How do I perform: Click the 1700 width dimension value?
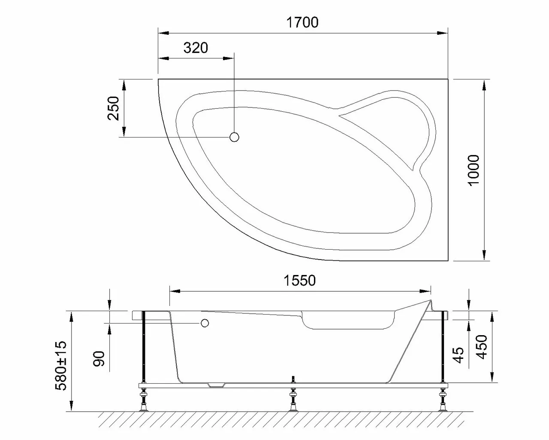coord(302,22)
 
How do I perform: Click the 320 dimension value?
coord(196,48)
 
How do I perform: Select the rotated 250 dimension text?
coord(114,108)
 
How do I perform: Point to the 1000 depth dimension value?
coord(474,170)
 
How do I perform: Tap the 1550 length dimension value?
coord(299,281)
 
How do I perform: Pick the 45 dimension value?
coord(459,355)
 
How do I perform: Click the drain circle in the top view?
coord(234,137)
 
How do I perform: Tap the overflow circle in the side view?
coord(205,323)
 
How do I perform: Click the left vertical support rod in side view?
coord(145,348)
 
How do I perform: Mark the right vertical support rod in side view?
coord(442,348)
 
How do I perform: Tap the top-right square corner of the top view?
coord(448,79)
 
